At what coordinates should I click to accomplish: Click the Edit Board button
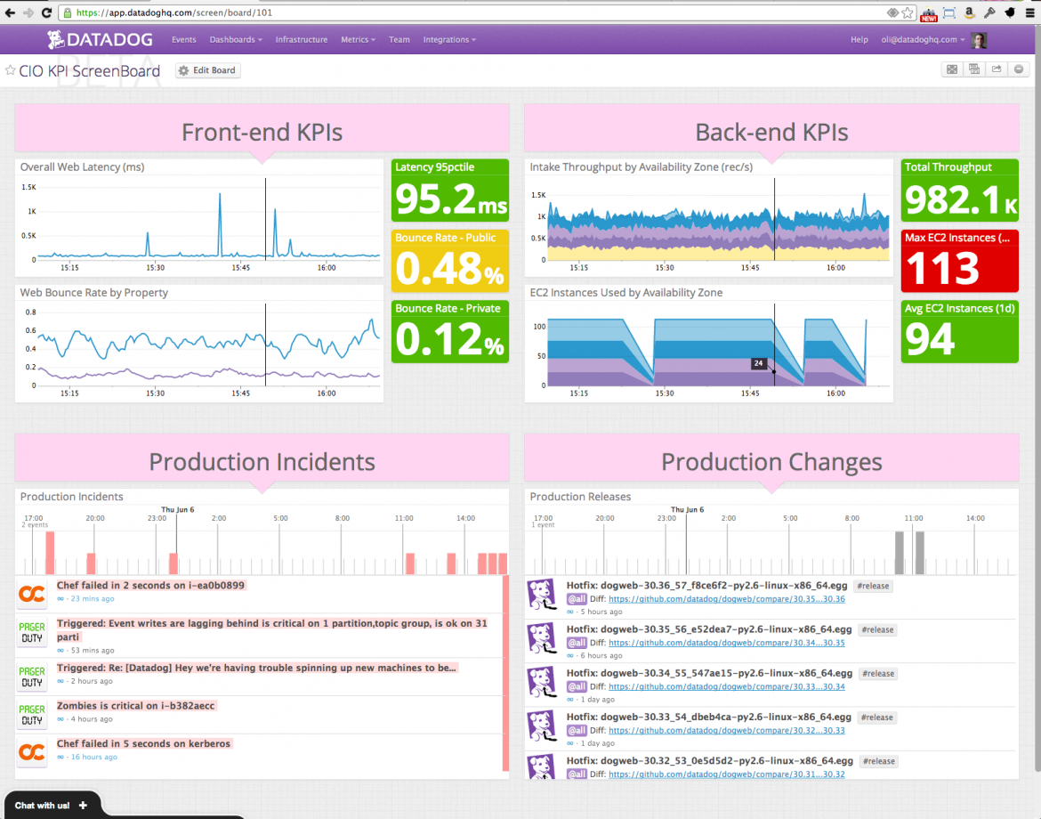208,70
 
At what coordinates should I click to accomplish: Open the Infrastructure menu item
301,39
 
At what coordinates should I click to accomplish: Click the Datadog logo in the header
101,39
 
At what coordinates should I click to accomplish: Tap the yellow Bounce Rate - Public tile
450,261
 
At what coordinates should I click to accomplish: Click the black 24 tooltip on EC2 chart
758,363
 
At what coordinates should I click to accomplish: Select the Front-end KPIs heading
262,133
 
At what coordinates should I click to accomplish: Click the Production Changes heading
771,462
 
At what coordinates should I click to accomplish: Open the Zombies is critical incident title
136,706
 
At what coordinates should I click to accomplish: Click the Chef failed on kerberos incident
143,743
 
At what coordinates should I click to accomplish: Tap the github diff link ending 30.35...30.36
727,599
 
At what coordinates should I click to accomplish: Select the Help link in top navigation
859,39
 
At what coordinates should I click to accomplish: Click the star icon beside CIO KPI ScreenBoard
11,70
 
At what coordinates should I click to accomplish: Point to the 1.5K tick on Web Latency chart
28,187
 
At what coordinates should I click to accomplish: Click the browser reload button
46,12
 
